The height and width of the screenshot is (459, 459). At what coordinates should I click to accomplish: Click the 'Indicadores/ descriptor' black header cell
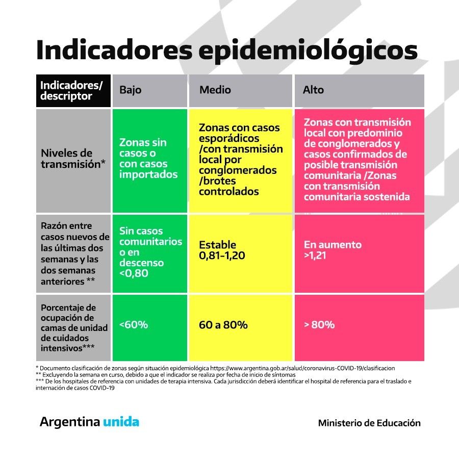(x=73, y=90)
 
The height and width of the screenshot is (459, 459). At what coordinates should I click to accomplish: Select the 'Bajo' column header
(x=131, y=90)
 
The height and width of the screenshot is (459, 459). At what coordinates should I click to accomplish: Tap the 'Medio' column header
(x=215, y=90)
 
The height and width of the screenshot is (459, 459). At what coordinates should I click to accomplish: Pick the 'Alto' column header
(x=313, y=90)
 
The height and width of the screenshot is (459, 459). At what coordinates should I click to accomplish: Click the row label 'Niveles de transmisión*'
(x=73, y=158)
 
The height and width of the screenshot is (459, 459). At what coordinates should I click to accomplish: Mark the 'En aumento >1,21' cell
(x=333, y=250)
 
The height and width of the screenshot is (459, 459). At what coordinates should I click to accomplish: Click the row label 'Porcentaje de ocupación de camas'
(x=73, y=328)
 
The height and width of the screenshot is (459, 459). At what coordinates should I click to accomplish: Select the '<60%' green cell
(x=134, y=324)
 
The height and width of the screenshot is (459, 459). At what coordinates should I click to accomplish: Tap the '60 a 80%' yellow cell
(x=223, y=324)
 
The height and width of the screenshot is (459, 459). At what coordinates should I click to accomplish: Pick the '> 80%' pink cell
(x=319, y=324)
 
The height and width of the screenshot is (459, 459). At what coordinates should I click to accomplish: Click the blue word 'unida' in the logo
(x=121, y=422)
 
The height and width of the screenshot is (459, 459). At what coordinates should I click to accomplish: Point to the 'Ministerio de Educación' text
(x=369, y=423)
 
